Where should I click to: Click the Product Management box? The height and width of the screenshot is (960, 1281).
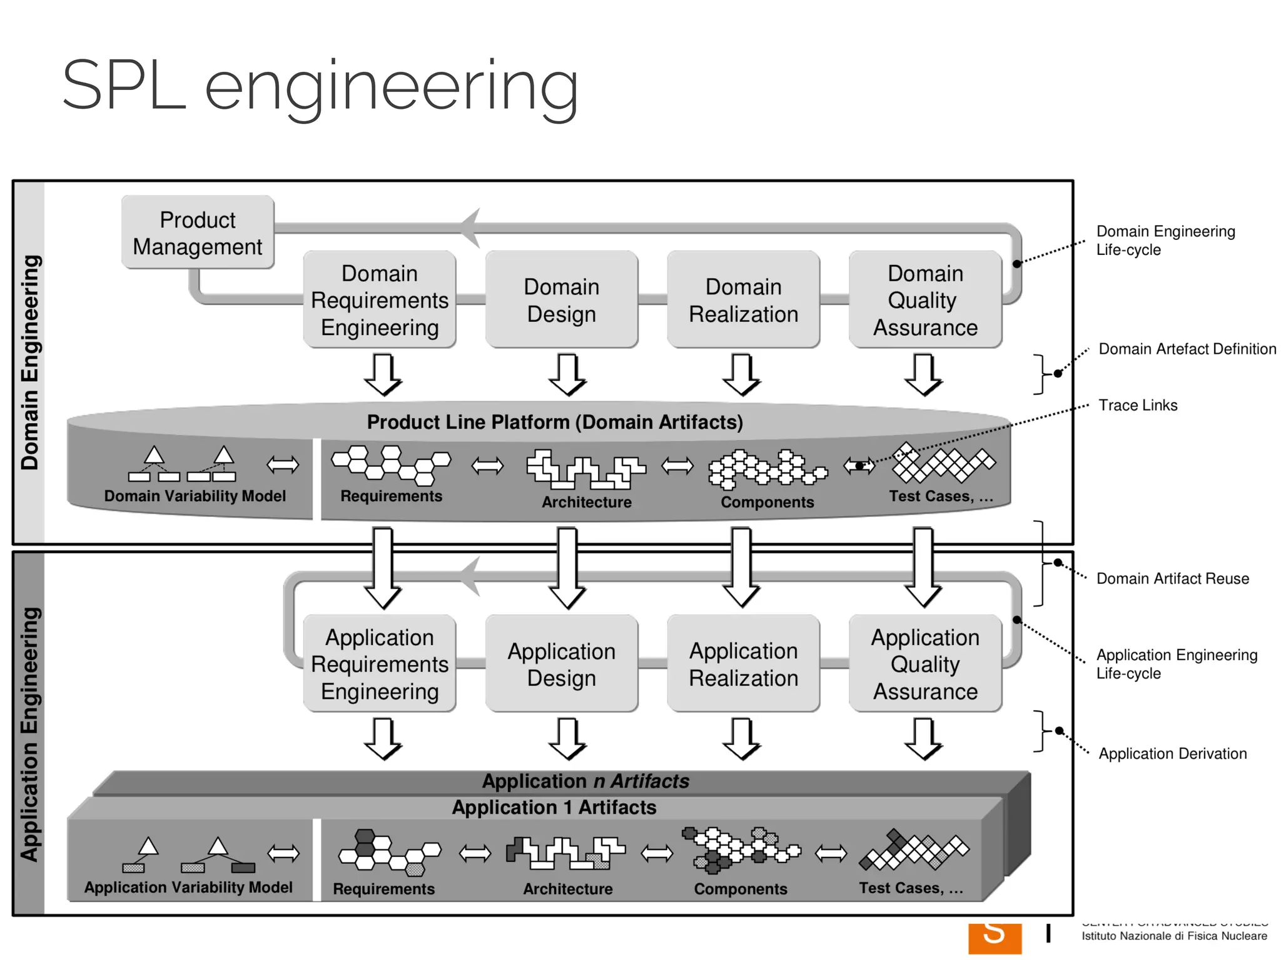tap(198, 232)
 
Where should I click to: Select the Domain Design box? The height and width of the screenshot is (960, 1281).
tap(561, 300)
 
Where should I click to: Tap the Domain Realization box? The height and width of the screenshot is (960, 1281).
tap(743, 300)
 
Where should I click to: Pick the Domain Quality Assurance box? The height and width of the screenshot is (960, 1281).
tap(925, 300)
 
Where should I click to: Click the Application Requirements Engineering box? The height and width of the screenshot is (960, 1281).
tap(379, 664)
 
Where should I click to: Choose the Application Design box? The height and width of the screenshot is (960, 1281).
tap(561, 664)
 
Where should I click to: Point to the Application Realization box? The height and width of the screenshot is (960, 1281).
tap(743, 664)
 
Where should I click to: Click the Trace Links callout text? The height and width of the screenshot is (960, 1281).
tap(1138, 405)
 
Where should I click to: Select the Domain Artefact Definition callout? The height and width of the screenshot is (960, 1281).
tap(1187, 349)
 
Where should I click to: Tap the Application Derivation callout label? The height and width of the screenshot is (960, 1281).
tap(1172, 753)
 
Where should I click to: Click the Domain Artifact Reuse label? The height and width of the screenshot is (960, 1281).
tap(1172, 578)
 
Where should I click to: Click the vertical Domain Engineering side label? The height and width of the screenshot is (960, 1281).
tap(30, 362)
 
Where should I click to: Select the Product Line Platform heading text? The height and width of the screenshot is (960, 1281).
tap(554, 422)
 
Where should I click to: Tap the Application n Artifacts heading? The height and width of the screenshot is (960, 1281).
tap(585, 781)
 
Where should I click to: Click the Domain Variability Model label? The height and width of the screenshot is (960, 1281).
tap(195, 496)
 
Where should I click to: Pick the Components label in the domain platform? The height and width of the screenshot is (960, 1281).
tap(767, 502)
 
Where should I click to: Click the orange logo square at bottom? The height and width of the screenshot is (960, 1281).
tap(995, 937)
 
